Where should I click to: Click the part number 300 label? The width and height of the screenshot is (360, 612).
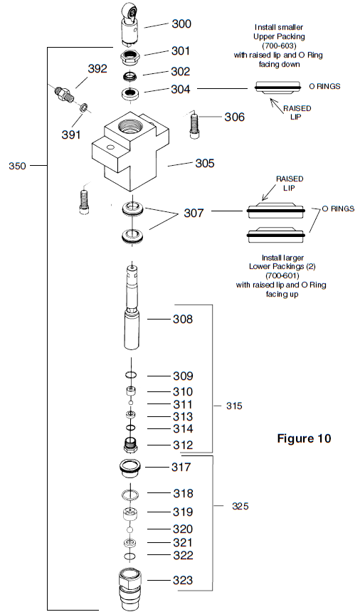pos(181,23)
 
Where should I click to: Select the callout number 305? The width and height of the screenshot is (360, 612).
pos(205,163)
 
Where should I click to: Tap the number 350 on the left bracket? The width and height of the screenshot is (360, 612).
pos(18,166)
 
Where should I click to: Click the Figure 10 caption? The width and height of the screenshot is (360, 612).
pos(304,438)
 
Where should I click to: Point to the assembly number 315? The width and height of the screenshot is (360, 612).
pos(234,406)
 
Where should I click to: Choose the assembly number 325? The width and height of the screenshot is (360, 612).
pos(241,506)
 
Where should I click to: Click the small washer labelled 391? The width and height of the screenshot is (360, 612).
pos(83,107)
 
